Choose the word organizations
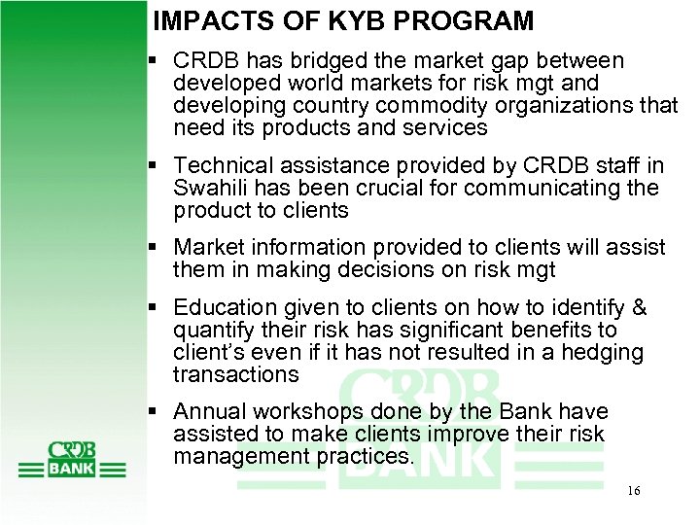coord(559,106)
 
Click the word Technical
coord(223,165)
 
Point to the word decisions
coord(389,269)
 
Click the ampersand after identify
coord(639,308)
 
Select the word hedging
coord(607,352)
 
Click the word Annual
coord(208,411)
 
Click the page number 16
coord(633,491)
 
